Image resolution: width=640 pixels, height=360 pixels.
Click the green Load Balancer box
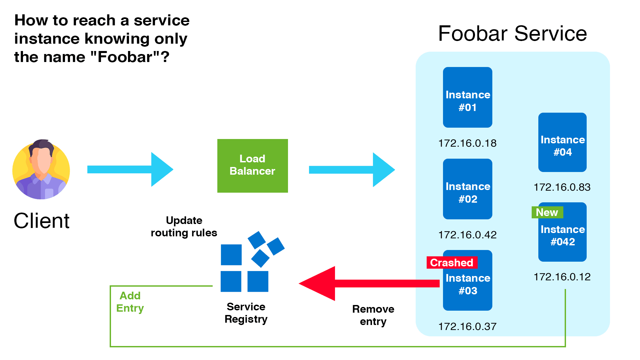pyautogui.click(x=252, y=165)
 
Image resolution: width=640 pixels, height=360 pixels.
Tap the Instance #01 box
pyautogui.click(x=467, y=97)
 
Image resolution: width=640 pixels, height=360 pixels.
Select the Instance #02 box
pyautogui.click(x=467, y=189)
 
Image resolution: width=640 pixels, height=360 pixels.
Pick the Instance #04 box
pyautogui.click(x=562, y=143)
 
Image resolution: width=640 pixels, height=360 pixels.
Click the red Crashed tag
pyautogui.click(x=452, y=263)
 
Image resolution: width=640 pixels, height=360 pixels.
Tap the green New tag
pyautogui.click(x=547, y=212)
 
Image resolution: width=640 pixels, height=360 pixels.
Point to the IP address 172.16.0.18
pyautogui.click(x=467, y=143)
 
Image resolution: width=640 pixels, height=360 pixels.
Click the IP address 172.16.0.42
pyautogui.click(x=467, y=235)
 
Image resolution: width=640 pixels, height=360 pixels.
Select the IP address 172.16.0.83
pyautogui.click(x=562, y=187)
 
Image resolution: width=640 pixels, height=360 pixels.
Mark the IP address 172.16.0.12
pyautogui.click(x=562, y=277)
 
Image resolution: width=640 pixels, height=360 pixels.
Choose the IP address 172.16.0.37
pyautogui.click(x=467, y=327)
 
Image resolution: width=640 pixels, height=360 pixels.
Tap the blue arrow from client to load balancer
pyautogui.click(x=130, y=169)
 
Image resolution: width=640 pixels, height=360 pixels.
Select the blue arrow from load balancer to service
pyautogui.click(x=352, y=170)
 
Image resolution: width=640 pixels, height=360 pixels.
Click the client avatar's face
pyautogui.click(x=42, y=160)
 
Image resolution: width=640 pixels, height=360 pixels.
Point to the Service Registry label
pyautogui.click(x=246, y=313)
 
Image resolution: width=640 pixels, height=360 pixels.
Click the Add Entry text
pyautogui.click(x=130, y=302)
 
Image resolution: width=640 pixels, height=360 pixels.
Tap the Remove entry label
pyautogui.click(x=373, y=315)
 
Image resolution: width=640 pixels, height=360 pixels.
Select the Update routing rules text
pyautogui.click(x=184, y=226)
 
